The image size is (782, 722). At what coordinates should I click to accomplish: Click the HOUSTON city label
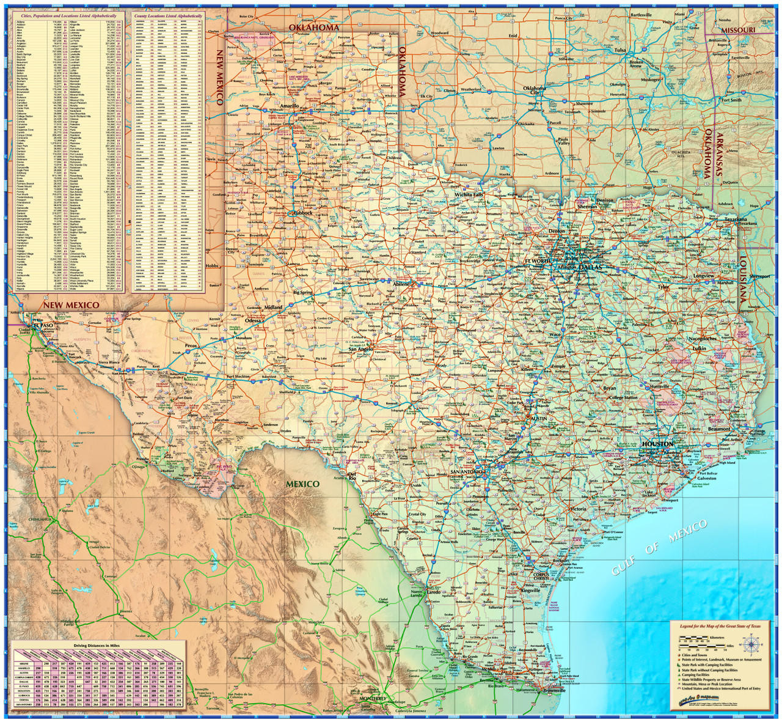pyautogui.click(x=657, y=444)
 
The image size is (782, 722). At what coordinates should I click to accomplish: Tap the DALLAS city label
pyautogui.click(x=590, y=268)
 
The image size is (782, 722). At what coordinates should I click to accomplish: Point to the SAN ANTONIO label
pyautogui.click(x=467, y=473)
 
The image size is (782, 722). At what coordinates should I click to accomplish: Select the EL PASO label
pyautogui.click(x=44, y=326)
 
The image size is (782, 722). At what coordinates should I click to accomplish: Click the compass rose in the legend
pyautogui.click(x=751, y=643)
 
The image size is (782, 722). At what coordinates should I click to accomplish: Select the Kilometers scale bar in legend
pyautogui.click(x=703, y=638)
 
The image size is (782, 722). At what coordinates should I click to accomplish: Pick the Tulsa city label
pyautogui.click(x=620, y=50)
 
